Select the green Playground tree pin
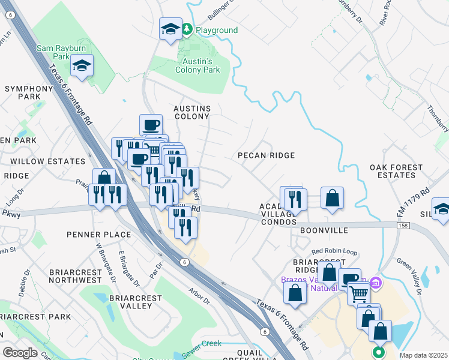click(x=187, y=29)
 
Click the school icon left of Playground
click(x=170, y=28)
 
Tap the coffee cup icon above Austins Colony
click(x=151, y=125)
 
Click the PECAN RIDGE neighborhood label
click(x=266, y=155)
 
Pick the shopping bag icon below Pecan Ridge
click(x=332, y=198)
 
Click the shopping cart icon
click(x=358, y=294)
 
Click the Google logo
click(x=20, y=352)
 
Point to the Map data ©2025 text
click(x=423, y=355)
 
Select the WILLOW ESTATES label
click(x=47, y=161)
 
